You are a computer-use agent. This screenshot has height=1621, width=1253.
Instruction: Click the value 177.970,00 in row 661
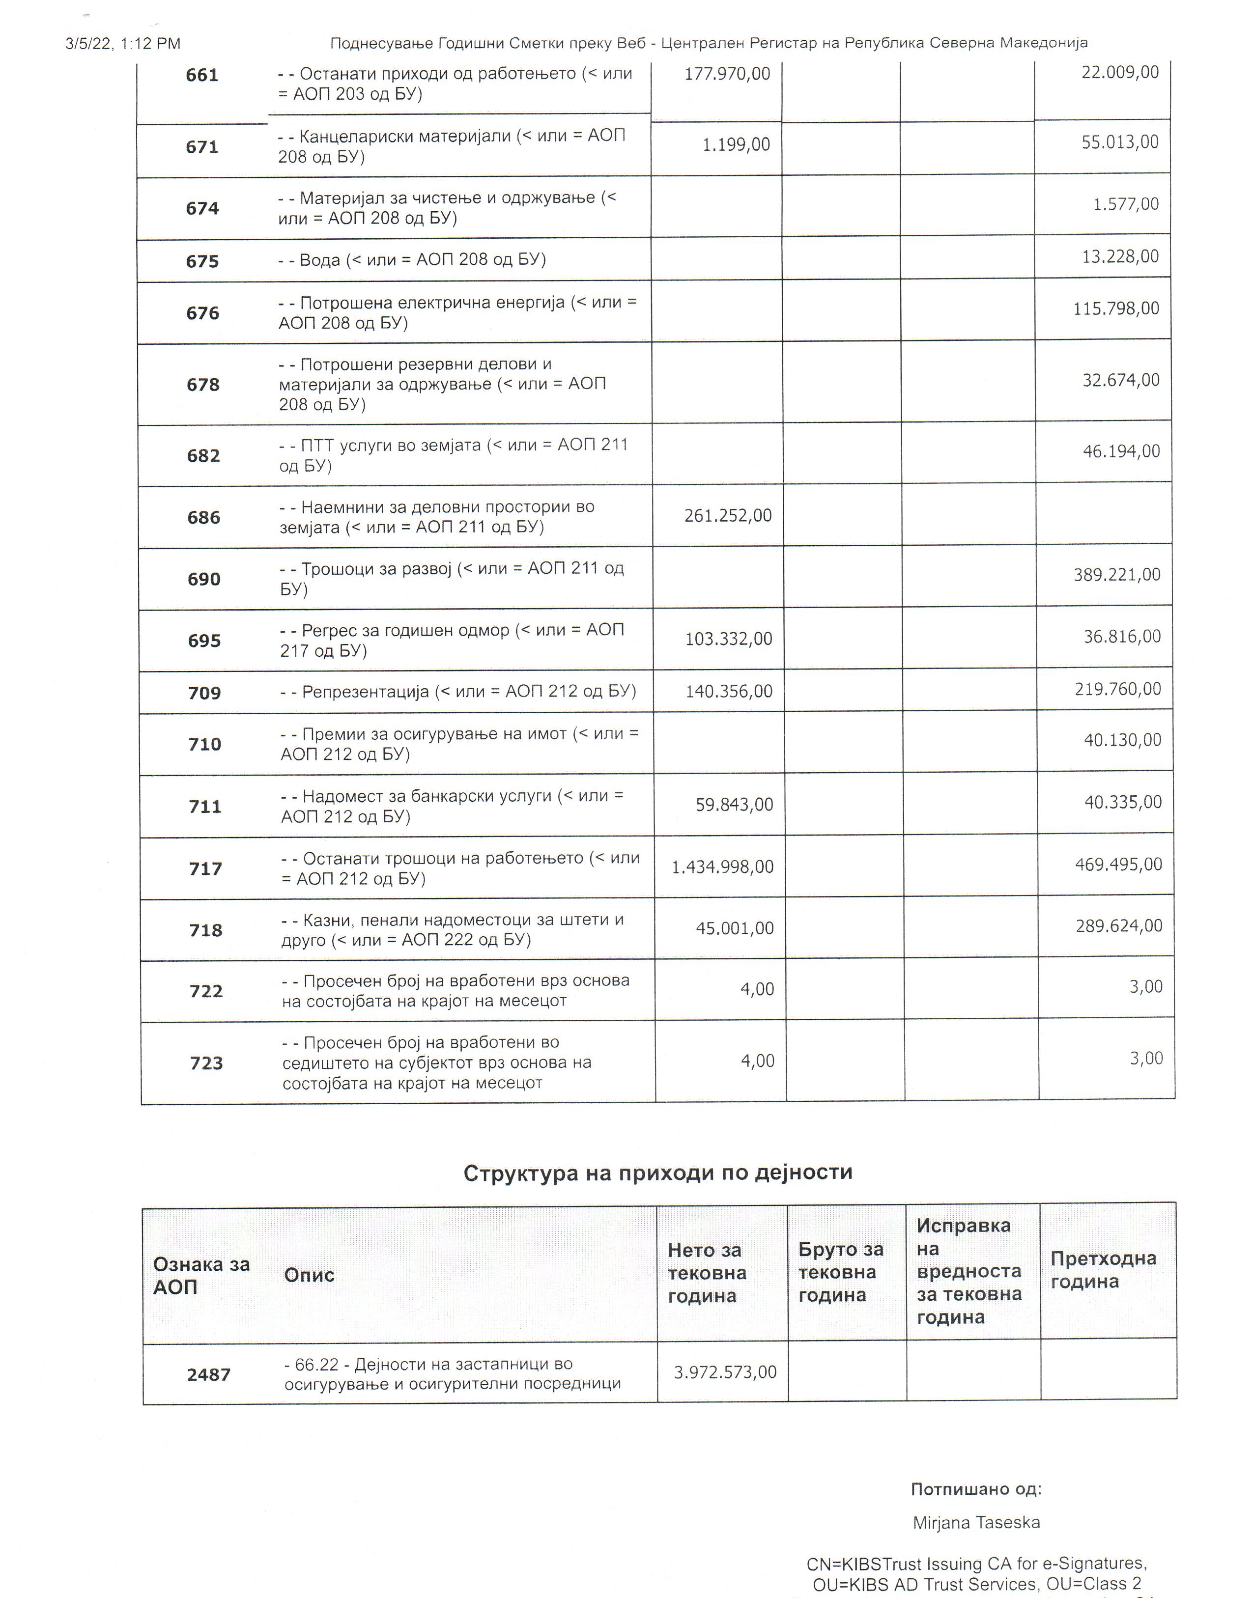(727, 74)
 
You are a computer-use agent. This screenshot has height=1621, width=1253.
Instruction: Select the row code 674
(202, 209)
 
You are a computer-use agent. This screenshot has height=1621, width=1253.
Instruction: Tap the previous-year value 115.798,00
(1116, 309)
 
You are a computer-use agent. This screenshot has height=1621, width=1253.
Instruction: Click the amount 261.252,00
(727, 516)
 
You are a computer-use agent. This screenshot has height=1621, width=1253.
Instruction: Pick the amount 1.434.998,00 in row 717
(722, 867)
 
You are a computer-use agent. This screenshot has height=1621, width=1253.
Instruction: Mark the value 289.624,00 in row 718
(1119, 926)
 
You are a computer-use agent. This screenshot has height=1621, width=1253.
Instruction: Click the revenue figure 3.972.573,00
(724, 1372)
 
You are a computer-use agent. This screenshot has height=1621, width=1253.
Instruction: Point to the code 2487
(208, 1374)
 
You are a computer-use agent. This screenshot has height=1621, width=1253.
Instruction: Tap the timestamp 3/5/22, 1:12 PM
(123, 44)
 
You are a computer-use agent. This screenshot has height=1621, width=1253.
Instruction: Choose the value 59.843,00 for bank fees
(734, 805)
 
